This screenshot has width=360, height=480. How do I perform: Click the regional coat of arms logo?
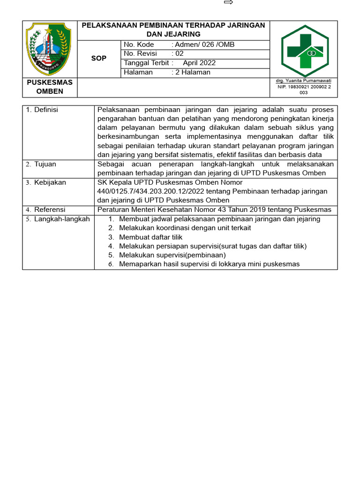click(49, 49)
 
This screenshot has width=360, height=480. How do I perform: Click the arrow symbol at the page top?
click(229, 3)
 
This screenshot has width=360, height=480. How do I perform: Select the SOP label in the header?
click(99, 59)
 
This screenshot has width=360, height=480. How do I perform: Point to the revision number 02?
click(179, 54)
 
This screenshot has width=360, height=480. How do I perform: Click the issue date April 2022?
click(199, 63)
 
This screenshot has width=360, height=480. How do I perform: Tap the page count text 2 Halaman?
click(193, 73)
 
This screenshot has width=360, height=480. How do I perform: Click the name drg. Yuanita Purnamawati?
click(304, 81)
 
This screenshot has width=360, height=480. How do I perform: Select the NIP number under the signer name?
click(304, 90)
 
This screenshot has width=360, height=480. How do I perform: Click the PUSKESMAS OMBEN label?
click(50, 87)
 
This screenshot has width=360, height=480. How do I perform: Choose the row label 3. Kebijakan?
click(46, 182)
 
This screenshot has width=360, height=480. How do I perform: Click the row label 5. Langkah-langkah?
click(58, 219)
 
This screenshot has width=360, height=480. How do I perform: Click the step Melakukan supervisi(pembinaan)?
click(172, 255)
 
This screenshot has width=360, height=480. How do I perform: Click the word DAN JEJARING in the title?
click(173, 34)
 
